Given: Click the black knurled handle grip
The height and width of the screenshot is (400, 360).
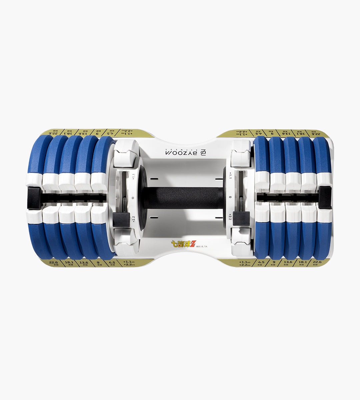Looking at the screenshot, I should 182,198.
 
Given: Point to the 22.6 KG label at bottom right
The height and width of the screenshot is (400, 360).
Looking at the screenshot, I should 318,263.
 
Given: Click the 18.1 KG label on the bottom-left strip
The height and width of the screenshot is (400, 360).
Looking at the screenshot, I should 69,263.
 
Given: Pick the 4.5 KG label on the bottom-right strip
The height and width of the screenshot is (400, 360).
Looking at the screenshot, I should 261,263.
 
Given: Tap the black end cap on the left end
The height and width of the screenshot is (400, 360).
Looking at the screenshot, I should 33,198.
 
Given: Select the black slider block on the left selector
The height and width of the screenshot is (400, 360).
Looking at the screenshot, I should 118,218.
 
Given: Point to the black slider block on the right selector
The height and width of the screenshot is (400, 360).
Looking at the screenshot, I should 241,218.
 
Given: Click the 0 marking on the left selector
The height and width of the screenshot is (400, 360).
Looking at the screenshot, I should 133,198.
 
